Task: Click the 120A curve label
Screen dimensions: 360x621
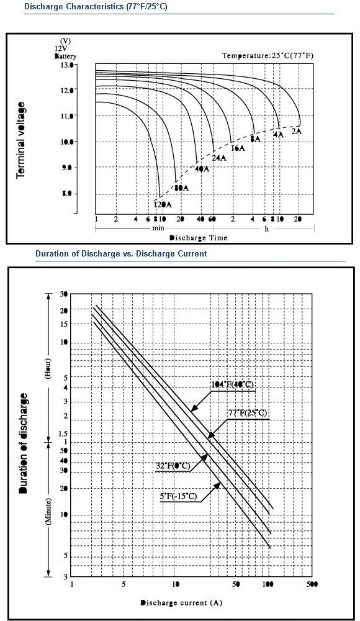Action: [163, 204]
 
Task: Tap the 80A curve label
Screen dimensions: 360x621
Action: [181, 188]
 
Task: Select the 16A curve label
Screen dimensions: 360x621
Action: [238, 148]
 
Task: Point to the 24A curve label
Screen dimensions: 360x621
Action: [219, 158]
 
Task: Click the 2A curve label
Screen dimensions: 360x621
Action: [297, 131]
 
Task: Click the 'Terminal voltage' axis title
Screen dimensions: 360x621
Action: [21, 140]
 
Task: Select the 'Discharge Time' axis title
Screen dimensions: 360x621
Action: [199, 238]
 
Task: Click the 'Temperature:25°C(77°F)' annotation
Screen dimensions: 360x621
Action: [268, 55]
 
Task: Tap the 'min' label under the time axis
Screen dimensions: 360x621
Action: [158, 229]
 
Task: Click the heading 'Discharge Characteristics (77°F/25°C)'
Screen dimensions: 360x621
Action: [96, 7]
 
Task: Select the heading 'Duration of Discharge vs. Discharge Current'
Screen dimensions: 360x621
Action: [121, 253]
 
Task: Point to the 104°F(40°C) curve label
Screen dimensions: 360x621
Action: [233, 384]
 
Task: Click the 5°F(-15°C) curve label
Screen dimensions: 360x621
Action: [179, 496]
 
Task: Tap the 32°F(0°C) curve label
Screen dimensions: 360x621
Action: [173, 466]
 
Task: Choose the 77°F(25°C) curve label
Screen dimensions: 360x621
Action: [248, 413]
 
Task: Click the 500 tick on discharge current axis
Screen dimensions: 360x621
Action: [312, 584]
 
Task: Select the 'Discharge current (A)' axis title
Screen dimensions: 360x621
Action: [181, 603]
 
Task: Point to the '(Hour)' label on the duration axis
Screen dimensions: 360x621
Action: [48, 369]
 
